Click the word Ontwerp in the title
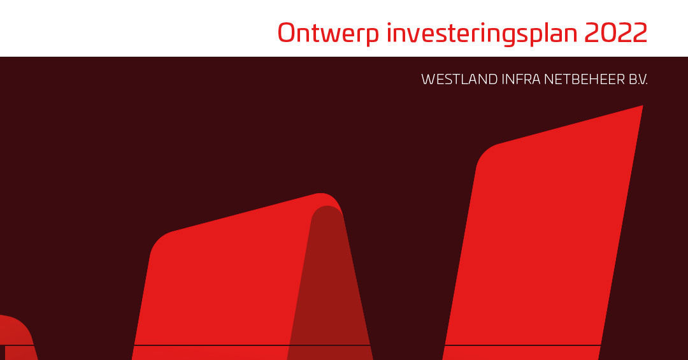(328, 34)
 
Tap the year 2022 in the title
(615, 32)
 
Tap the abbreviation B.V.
(638, 80)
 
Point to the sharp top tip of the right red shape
(642, 106)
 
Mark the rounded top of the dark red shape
(327, 207)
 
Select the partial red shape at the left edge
(17, 338)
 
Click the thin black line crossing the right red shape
(522, 345)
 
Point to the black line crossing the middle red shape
(252, 345)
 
